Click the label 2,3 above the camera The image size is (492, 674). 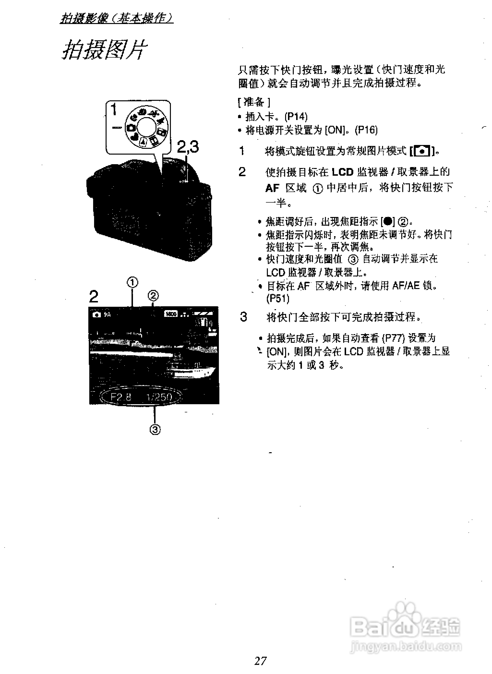[x=188, y=147]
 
